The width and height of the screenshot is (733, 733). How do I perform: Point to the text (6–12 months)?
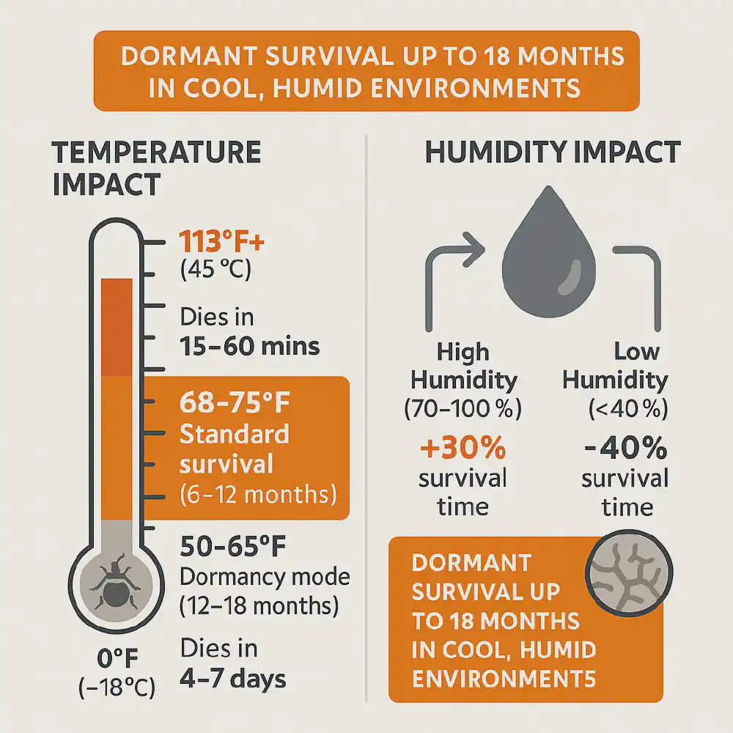click(x=257, y=494)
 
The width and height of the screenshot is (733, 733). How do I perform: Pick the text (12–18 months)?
click(x=259, y=606)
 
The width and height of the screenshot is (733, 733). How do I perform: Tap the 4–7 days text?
click(x=232, y=678)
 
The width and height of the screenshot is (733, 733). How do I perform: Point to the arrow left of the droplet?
click(x=452, y=286)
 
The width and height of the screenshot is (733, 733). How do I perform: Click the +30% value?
click(x=463, y=446)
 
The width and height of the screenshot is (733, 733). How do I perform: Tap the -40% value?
click(x=626, y=446)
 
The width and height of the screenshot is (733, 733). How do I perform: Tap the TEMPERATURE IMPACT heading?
click(x=156, y=168)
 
